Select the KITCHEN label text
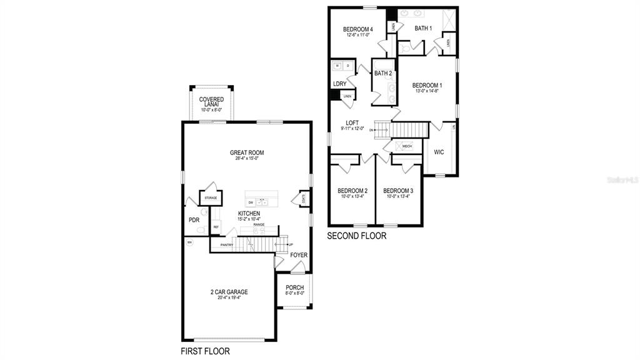(x=249, y=214)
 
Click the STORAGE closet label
(x=210, y=198)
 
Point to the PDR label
(x=194, y=220)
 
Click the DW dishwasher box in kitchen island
(x=251, y=202)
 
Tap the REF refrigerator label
(x=216, y=227)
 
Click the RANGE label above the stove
(x=259, y=224)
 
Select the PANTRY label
(x=226, y=245)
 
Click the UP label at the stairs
(x=291, y=244)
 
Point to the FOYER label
(x=299, y=255)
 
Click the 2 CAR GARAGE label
(x=229, y=292)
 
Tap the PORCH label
(x=294, y=287)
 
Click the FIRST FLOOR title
(x=205, y=351)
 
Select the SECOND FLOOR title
(x=357, y=236)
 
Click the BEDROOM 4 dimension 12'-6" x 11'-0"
(x=357, y=36)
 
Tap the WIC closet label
(x=439, y=152)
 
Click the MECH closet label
(x=407, y=146)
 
